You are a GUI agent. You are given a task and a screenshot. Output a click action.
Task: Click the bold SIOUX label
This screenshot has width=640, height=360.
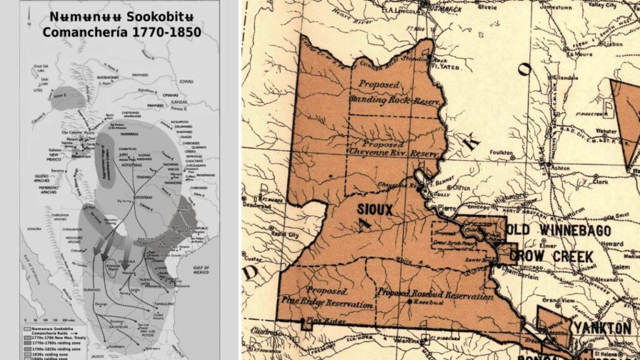pyautogui.click(x=375, y=210)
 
